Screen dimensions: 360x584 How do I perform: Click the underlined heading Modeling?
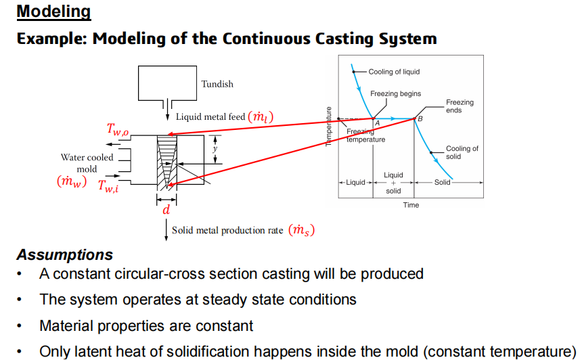pyautogui.click(x=53, y=12)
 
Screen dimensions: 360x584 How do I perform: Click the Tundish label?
pyautogui.click(x=217, y=84)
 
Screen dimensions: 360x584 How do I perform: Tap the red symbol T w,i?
pyautogui.click(x=108, y=186)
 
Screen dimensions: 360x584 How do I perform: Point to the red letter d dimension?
pyautogui.click(x=165, y=210)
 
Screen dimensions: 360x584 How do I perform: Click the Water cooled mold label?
pyautogui.click(x=87, y=163)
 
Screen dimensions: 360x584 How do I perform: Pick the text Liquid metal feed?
pyautogui.click(x=210, y=117)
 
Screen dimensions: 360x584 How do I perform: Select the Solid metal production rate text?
pyautogui.click(x=227, y=230)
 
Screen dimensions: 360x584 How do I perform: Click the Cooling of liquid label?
pyautogui.click(x=393, y=72)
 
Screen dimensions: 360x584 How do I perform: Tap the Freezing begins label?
pyautogui.click(x=395, y=93)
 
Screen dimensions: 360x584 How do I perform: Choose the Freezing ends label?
pyautogui.click(x=459, y=106)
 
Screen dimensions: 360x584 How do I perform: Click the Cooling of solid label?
pyautogui.click(x=462, y=152)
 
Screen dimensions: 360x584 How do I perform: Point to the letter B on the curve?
pyautogui.click(x=420, y=118)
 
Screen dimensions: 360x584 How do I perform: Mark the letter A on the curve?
pyautogui.click(x=377, y=122)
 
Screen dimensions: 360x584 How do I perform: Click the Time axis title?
pyautogui.click(x=411, y=205)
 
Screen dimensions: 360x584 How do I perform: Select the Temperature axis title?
pyautogui.click(x=330, y=127)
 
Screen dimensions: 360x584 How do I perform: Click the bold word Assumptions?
pyautogui.click(x=65, y=255)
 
